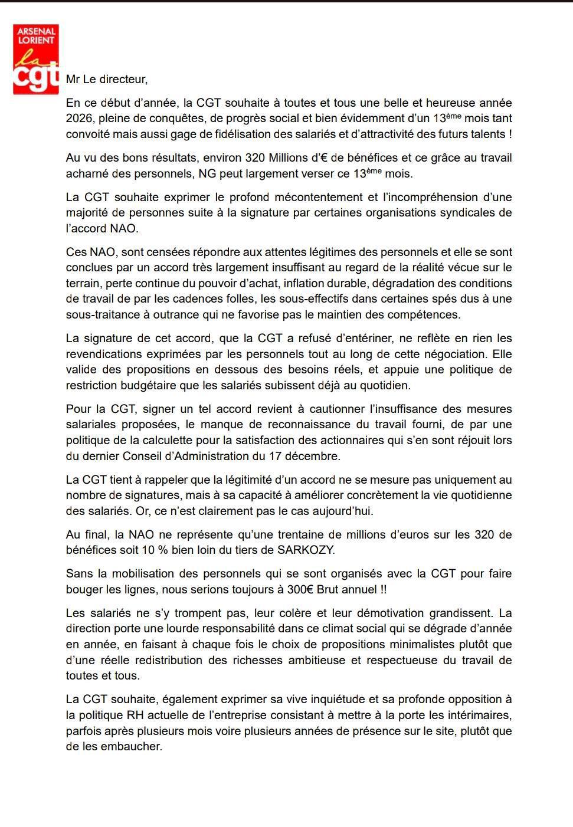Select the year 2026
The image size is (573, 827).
(x=80, y=119)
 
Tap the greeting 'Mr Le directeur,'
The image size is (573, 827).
(x=107, y=79)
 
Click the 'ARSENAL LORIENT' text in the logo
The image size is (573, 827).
(x=36, y=35)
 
